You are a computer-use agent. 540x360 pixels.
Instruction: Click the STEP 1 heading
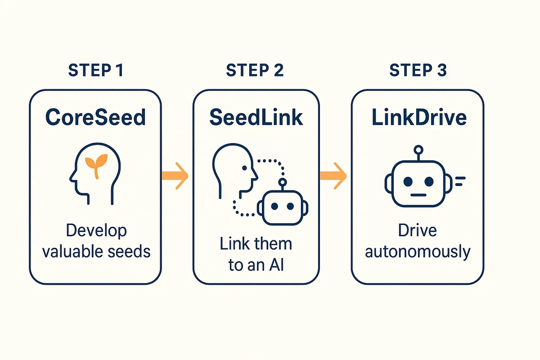[96, 70]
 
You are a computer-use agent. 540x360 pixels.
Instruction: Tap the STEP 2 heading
[255, 70]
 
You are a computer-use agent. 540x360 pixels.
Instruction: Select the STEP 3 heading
[418, 70]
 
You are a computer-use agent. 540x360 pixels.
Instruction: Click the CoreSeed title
[95, 117]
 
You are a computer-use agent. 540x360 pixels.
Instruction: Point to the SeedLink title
[256, 117]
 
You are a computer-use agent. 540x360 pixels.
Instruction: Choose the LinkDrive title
[419, 117]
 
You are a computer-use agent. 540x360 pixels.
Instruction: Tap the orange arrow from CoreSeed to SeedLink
[175, 176]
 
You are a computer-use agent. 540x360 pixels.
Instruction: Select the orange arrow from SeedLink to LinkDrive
[333, 176]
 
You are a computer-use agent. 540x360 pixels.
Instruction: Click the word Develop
[96, 231]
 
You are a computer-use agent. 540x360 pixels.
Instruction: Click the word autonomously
[418, 252]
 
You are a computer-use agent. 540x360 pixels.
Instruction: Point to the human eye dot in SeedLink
[244, 168]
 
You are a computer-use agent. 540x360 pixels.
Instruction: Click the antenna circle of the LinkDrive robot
[418, 150]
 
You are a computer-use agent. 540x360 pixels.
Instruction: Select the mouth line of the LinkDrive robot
[418, 195]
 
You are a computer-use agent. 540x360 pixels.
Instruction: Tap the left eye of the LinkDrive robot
[408, 181]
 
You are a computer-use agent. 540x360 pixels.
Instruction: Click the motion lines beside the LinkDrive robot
[460, 181]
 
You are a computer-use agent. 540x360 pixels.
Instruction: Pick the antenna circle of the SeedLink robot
[282, 182]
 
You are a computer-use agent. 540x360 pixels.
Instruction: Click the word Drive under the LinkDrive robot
[417, 231]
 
